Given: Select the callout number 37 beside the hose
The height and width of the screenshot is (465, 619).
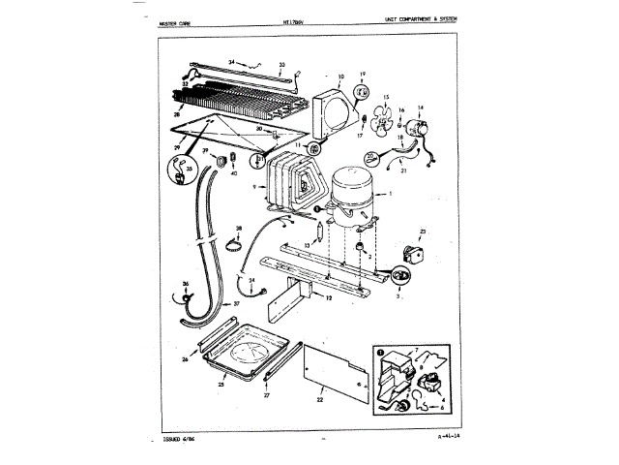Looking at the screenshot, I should [x=236, y=303].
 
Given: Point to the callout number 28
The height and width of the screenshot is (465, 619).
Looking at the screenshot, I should [x=177, y=113].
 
